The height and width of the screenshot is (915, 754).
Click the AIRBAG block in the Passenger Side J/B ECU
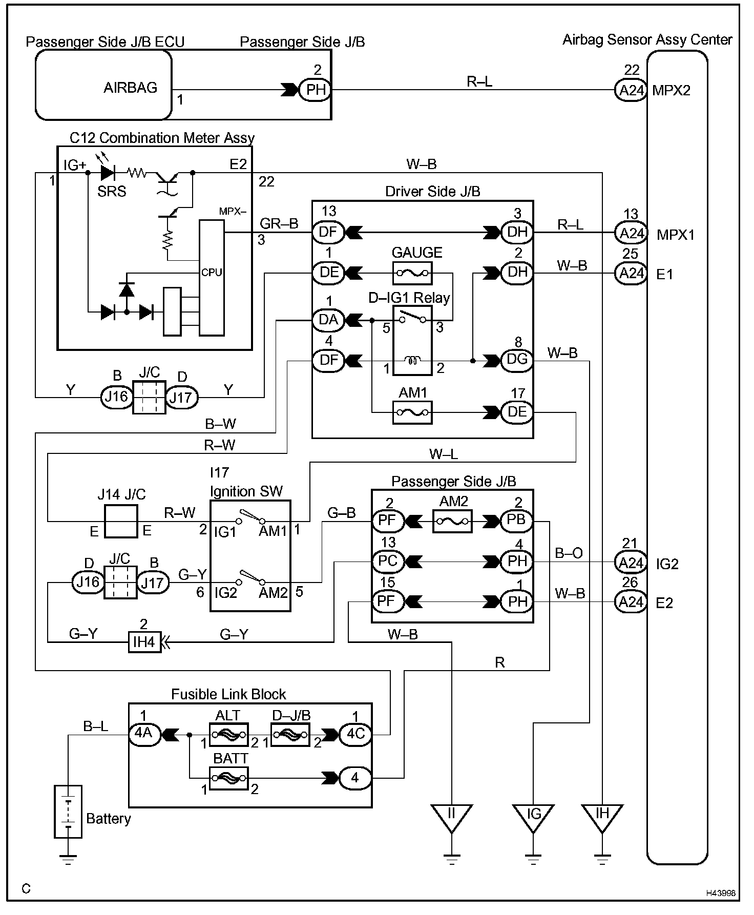(103, 85)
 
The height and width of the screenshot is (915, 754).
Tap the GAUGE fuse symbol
(412, 273)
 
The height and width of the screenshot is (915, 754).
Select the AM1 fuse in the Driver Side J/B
(412, 412)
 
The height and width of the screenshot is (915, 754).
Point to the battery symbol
(68, 811)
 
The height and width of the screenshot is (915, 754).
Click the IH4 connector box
(144, 641)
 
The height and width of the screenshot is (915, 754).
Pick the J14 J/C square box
(121, 521)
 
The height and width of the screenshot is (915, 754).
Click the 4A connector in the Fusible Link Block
(144, 734)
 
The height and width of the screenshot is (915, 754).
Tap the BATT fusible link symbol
(229, 779)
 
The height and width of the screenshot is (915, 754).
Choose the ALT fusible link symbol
(229, 735)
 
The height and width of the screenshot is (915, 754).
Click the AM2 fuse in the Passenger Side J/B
(452, 521)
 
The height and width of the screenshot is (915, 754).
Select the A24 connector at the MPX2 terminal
(631, 90)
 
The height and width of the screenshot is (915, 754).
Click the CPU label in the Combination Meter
(212, 273)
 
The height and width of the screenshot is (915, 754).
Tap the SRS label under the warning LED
(112, 192)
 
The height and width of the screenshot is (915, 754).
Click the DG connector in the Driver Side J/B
(517, 360)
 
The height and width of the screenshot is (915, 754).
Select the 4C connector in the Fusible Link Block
(355, 734)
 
